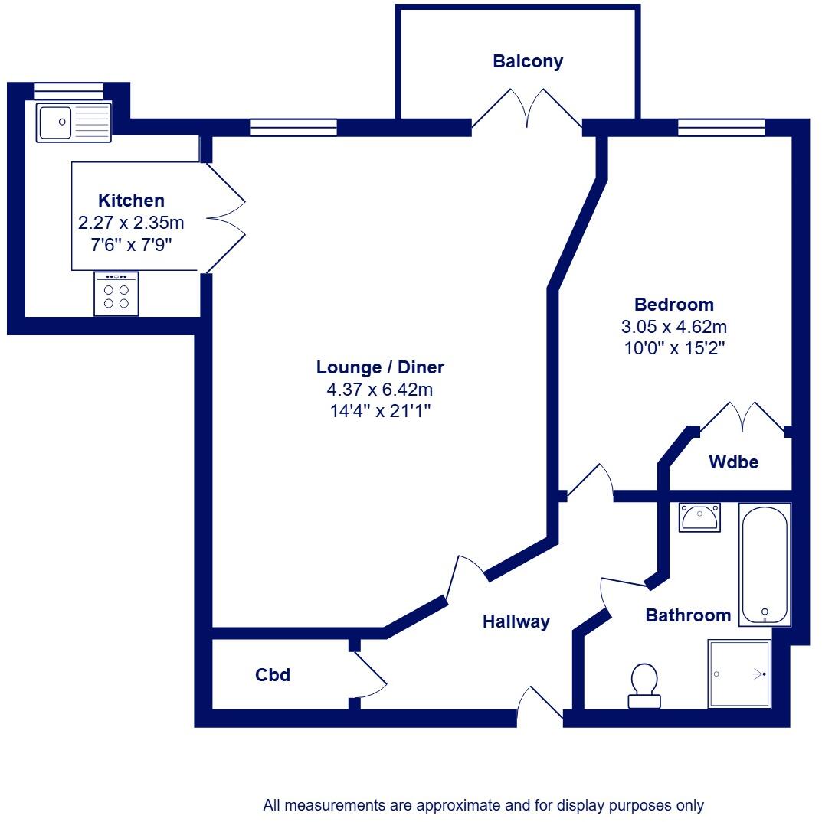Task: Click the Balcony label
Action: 528,62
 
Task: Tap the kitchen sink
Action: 74,122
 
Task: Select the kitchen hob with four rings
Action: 116,294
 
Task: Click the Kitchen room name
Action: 131,201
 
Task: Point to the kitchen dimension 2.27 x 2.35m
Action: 131,223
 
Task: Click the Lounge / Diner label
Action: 380,367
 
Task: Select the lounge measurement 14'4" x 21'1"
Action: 380,411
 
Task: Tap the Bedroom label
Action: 673,305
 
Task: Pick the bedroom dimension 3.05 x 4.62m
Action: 673,327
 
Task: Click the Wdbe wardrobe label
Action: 733,462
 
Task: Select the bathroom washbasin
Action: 699,517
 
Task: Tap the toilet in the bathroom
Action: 644,685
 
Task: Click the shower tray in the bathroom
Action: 739,674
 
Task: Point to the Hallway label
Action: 516,621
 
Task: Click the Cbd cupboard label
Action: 273,675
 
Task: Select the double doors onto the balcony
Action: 527,109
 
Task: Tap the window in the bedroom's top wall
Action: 721,128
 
